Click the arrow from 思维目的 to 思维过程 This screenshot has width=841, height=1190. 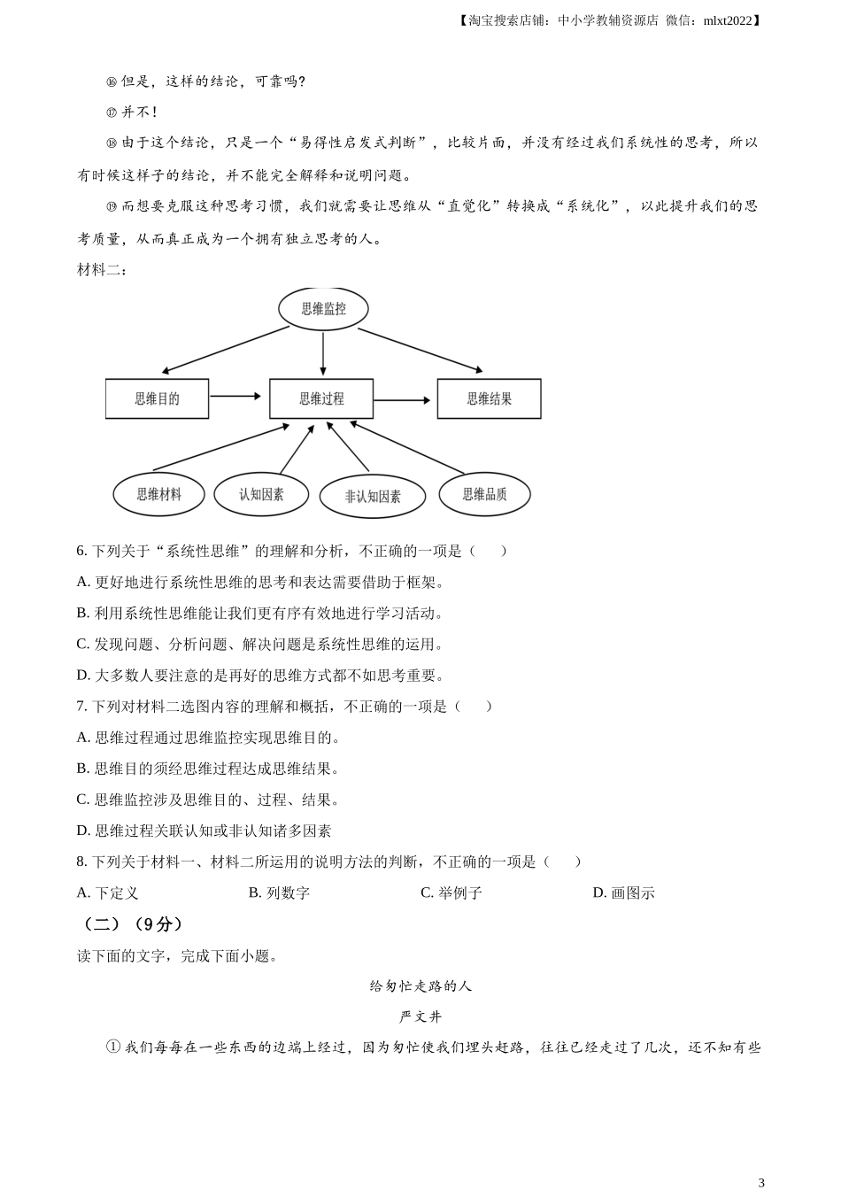(x=235, y=396)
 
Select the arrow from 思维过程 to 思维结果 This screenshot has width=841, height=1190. (x=402, y=400)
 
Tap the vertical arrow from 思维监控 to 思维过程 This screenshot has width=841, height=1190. (x=323, y=354)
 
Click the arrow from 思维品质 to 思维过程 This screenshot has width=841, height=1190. (x=407, y=447)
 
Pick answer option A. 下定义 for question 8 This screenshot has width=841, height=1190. (x=107, y=893)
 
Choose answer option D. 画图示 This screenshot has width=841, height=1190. (x=624, y=893)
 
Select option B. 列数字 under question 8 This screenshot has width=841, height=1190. (x=280, y=893)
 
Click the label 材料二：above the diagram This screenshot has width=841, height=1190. (x=103, y=270)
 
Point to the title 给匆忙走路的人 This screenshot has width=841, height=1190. (x=420, y=986)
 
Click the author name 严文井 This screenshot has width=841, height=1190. (x=420, y=1016)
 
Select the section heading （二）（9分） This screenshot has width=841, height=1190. (x=132, y=924)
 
